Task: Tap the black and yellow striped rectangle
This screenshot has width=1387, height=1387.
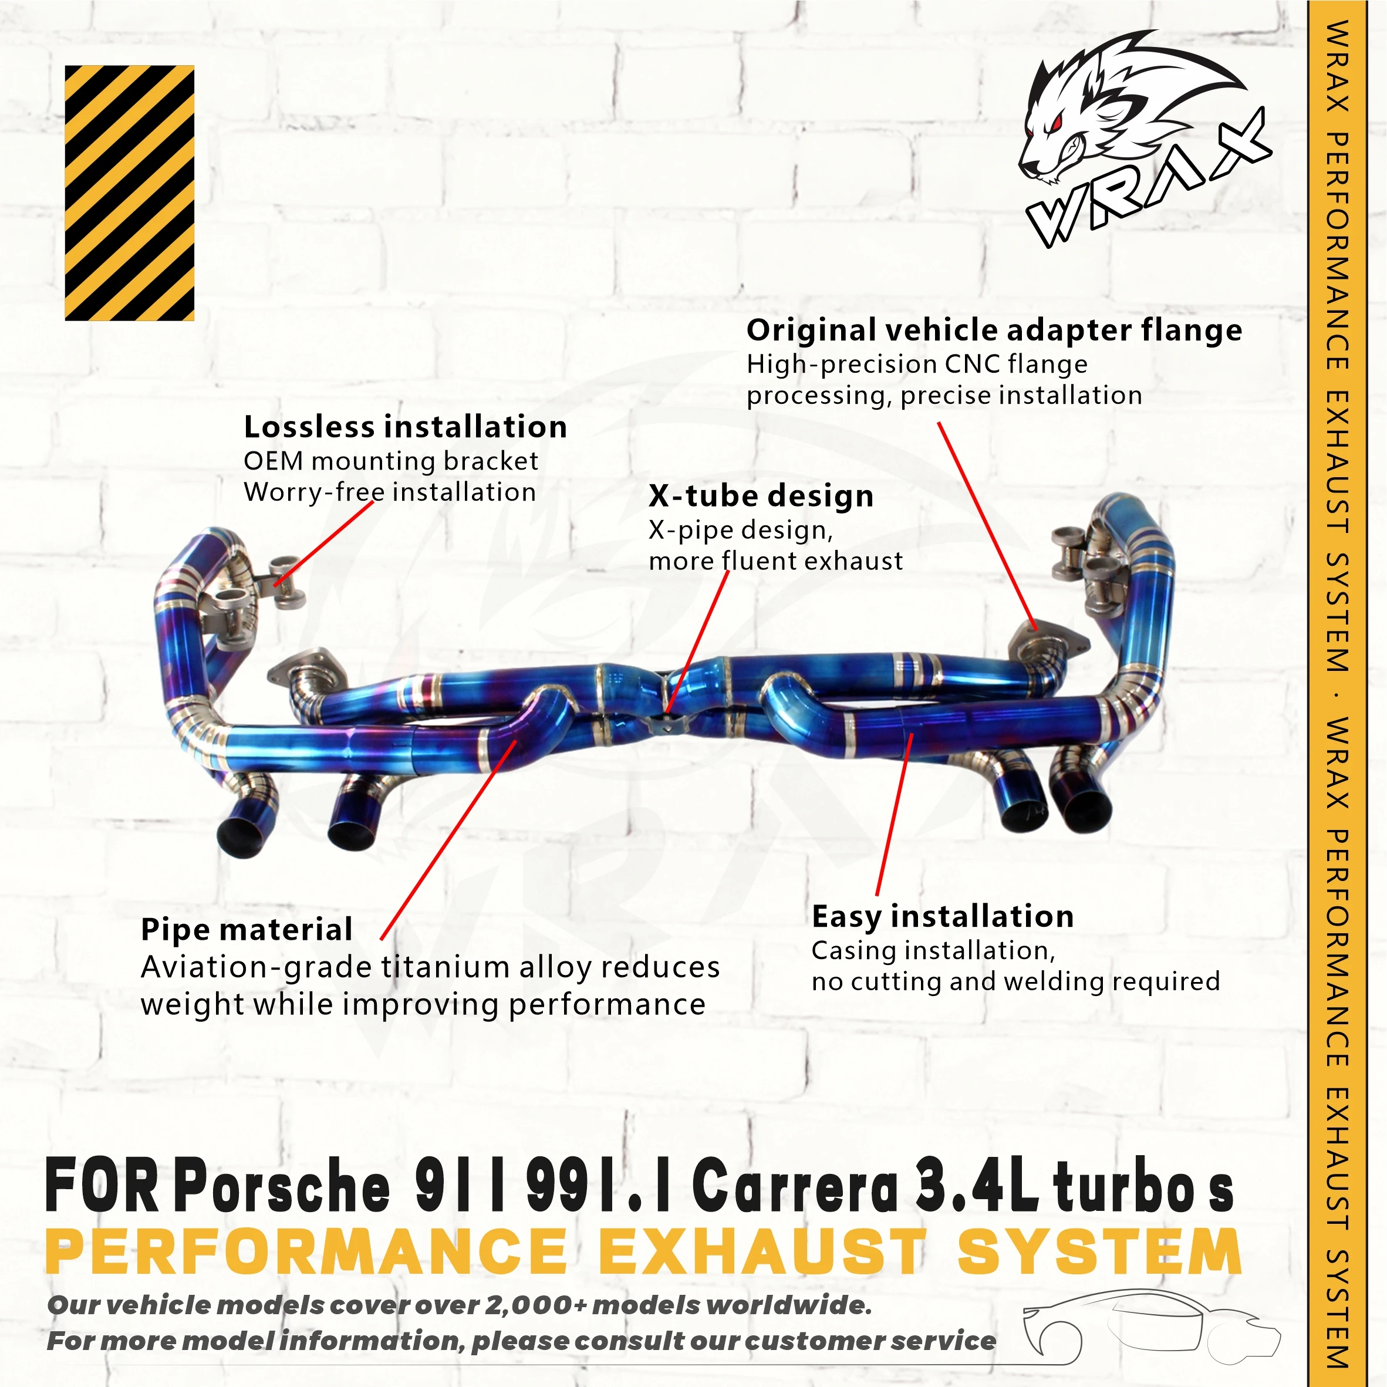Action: [129, 193]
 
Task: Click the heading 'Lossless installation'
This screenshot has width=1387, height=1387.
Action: [406, 427]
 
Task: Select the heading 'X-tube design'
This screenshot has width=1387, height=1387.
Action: [761, 496]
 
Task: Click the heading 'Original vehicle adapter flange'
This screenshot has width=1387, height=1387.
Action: [994, 330]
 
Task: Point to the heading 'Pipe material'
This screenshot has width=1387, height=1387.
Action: [247, 930]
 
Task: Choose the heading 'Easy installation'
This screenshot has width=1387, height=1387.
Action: [943, 917]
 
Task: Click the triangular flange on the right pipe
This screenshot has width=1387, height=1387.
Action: [1045, 643]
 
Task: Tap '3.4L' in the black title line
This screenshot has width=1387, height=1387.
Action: [976, 1188]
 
